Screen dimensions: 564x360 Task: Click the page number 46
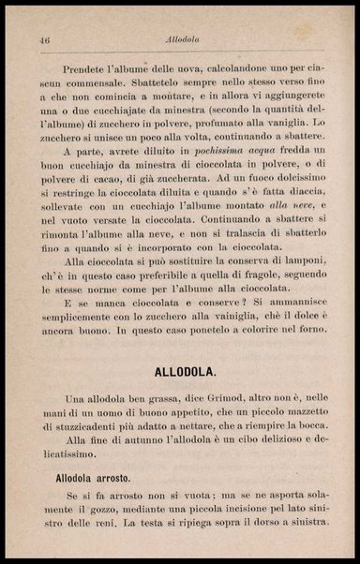pyautogui.click(x=43, y=39)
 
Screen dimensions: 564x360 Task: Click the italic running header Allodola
pyautogui.click(x=179, y=39)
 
